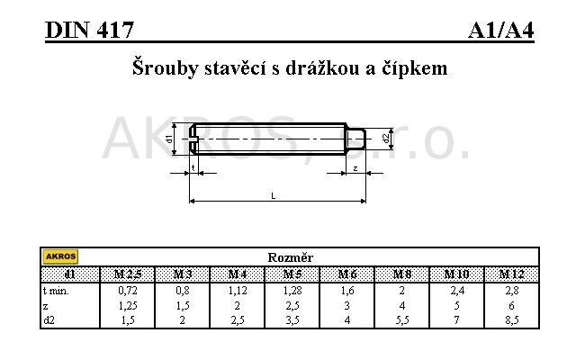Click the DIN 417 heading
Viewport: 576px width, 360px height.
pyautogui.click(x=90, y=31)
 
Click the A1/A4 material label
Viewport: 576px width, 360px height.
pyautogui.click(x=500, y=31)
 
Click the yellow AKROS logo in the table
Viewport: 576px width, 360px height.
pyautogui.click(x=60, y=257)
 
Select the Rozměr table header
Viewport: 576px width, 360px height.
pyautogui.click(x=290, y=257)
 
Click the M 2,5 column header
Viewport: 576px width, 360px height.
pyautogui.click(x=127, y=273)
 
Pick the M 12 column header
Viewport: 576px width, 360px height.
pyautogui.click(x=512, y=273)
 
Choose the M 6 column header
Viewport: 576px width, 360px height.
pyautogui.click(x=347, y=273)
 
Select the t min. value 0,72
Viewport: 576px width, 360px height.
pyautogui.click(x=127, y=291)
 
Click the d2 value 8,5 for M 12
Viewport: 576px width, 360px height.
pyautogui.click(x=512, y=319)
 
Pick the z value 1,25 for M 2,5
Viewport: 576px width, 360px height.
pyautogui.click(x=127, y=305)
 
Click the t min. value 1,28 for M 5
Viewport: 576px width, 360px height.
pyautogui.click(x=292, y=291)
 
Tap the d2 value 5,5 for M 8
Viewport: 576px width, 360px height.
pyautogui.click(x=402, y=319)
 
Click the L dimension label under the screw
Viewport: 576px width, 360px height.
pyautogui.click(x=273, y=195)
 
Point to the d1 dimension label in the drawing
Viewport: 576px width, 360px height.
pyautogui.click(x=170, y=139)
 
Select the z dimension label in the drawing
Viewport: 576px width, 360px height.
pyautogui.click(x=355, y=168)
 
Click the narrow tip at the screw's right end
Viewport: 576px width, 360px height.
pyautogui.click(x=355, y=139)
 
